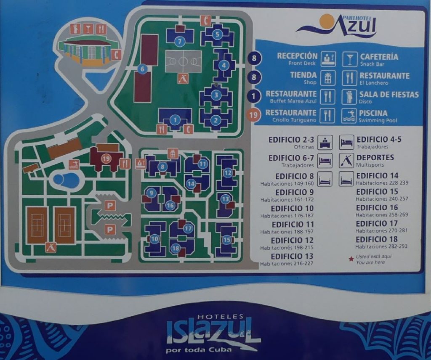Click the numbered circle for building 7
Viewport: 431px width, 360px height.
coord(180,41)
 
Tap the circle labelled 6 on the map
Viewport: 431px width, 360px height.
coord(142,69)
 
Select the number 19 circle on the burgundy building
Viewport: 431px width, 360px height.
coord(106,159)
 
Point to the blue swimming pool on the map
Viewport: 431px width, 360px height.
coord(67,180)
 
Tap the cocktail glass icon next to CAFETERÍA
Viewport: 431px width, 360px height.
coord(349,59)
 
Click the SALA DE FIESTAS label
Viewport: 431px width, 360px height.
coord(389,95)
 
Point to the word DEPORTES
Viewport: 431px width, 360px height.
coord(375,157)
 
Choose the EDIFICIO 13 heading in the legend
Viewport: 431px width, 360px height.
coord(292,257)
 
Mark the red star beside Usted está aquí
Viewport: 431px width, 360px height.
coord(351,259)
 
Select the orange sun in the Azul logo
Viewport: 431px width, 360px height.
coord(326,21)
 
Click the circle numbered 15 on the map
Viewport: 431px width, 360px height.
coord(227,240)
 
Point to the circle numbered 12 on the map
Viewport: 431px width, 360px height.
coord(228,172)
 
